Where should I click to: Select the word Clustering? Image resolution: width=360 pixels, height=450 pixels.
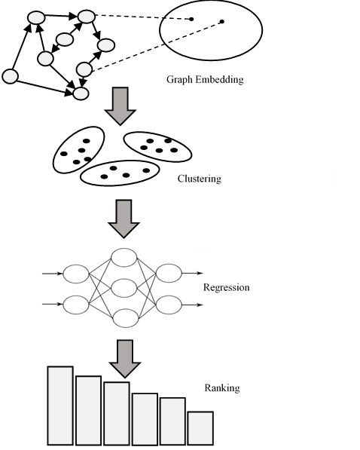tap(199, 179)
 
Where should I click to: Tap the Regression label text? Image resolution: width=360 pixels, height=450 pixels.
tap(226, 288)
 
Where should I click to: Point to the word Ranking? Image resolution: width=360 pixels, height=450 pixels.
tap(221, 388)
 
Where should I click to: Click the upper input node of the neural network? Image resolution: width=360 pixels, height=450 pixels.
tap(77, 273)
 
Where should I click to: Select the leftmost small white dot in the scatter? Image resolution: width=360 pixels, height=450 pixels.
tap(11, 76)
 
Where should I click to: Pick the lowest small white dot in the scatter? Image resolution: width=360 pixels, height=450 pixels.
tap(81, 93)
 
